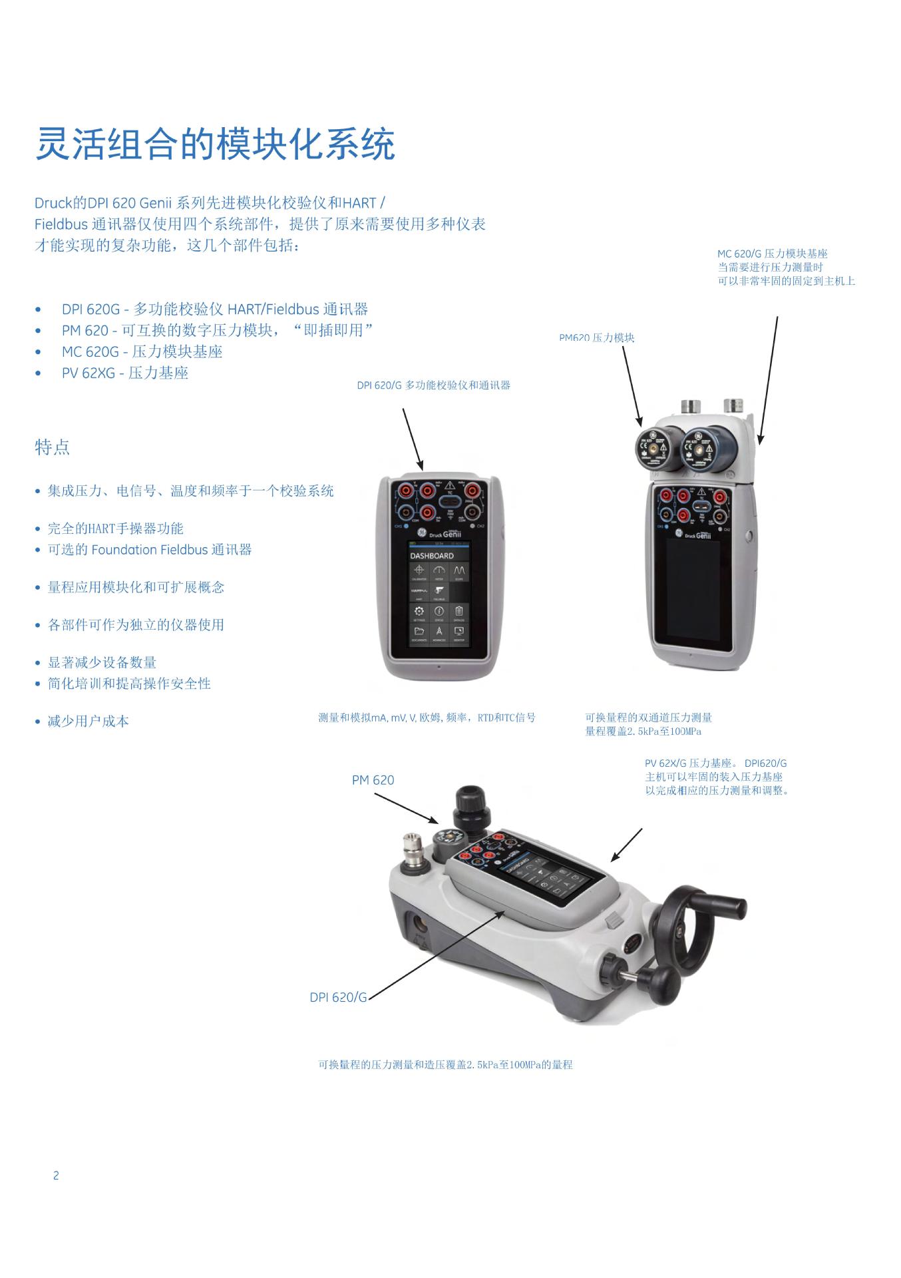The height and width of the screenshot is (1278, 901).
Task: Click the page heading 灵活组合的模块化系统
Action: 215,144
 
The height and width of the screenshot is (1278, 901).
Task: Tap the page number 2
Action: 56,1175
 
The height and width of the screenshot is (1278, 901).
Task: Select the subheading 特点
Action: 52,447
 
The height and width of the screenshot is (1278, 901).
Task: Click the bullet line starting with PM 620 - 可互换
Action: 217,330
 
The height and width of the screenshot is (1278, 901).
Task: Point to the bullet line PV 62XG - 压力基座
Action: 125,373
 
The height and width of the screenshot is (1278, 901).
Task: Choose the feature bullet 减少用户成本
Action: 88,722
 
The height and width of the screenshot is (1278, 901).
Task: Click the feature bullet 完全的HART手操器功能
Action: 115,529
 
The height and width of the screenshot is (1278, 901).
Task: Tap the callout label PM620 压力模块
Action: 596,338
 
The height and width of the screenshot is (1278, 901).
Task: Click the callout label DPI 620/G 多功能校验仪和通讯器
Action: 433,385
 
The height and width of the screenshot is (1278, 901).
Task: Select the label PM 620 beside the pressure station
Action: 373,780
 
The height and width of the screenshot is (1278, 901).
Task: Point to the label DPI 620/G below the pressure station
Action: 338,997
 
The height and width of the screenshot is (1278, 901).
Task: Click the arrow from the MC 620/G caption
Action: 769,380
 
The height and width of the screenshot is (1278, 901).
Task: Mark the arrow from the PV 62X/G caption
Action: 626,845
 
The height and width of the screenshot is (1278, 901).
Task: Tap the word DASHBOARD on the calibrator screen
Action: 431,556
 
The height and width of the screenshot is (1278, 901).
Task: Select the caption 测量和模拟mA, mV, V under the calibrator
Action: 427,718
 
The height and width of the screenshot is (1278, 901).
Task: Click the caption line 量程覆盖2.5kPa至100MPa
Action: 643,732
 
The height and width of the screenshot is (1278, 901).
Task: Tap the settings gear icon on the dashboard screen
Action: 419,611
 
